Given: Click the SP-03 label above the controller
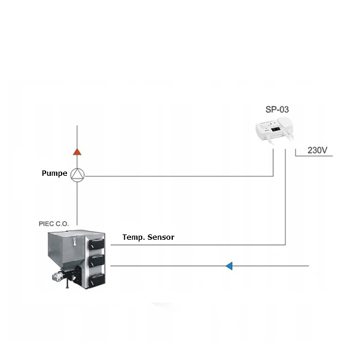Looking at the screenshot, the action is (x=277, y=109).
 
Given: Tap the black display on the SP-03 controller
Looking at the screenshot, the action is (x=275, y=130).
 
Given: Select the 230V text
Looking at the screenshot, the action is (x=318, y=150).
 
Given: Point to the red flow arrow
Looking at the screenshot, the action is (x=77, y=152).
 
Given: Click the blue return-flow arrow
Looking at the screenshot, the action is (x=229, y=266).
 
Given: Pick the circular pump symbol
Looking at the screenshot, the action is (x=77, y=175).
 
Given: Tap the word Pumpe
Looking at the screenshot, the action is (x=54, y=173).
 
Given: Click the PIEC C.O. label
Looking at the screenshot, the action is (x=54, y=224).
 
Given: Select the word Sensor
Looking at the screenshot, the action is (x=161, y=237).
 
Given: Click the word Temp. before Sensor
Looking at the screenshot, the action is (x=134, y=237).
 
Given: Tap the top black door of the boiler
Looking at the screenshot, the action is (x=96, y=244).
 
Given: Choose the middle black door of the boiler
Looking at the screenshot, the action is (x=97, y=261).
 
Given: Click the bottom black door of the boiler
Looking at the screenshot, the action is (x=97, y=280).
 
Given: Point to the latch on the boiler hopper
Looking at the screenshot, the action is (x=74, y=242).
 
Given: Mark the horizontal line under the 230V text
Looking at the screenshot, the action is (x=314, y=156).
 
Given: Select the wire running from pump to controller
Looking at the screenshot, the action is (x=179, y=176).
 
